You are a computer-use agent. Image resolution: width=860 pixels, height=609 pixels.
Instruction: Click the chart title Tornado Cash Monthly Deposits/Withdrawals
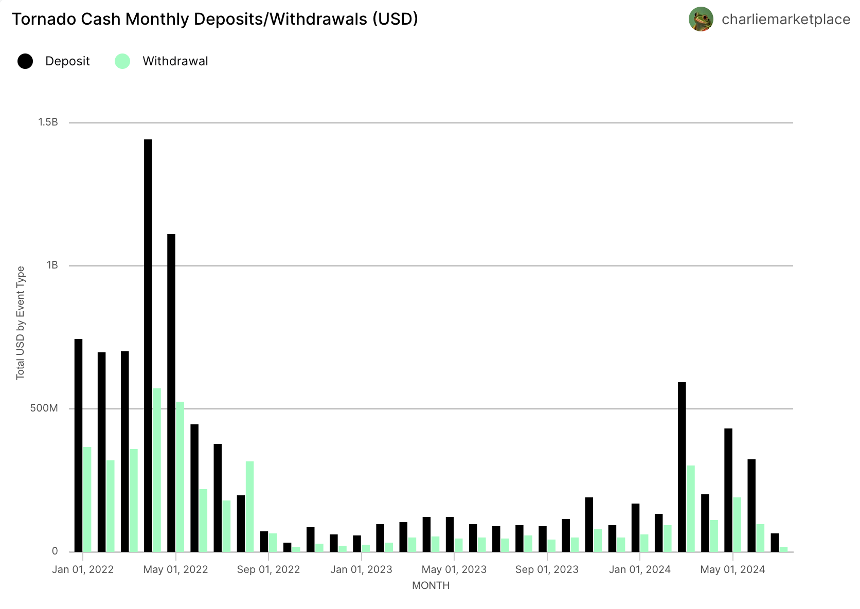point(214,19)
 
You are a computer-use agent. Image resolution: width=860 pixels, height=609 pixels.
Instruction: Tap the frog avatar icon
point(701,19)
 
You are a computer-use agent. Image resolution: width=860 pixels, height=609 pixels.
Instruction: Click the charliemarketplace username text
point(785,20)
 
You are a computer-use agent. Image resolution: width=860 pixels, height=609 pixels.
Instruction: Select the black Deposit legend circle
point(25,61)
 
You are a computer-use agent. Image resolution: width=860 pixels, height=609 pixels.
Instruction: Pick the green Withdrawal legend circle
point(122,61)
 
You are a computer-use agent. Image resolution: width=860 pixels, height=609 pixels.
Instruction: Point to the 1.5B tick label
point(48,122)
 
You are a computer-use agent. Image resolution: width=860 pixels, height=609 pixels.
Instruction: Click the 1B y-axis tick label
point(52,265)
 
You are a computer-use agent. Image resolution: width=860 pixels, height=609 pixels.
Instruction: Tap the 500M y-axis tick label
point(44,408)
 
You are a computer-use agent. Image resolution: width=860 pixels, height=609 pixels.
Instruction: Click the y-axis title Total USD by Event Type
point(21,323)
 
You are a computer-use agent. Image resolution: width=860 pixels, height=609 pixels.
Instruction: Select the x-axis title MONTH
point(431,585)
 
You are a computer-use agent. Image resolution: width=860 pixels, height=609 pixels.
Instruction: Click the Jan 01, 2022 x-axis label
point(83,569)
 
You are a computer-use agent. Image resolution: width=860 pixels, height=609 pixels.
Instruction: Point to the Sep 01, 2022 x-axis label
point(268,569)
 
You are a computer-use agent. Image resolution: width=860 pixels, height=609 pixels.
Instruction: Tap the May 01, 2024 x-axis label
point(732,569)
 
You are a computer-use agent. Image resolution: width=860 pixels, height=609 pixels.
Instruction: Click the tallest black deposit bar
point(148,345)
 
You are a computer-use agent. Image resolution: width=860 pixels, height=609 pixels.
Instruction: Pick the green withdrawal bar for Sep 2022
point(273,543)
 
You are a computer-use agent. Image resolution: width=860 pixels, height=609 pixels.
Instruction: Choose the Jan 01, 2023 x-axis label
point(361,569)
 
